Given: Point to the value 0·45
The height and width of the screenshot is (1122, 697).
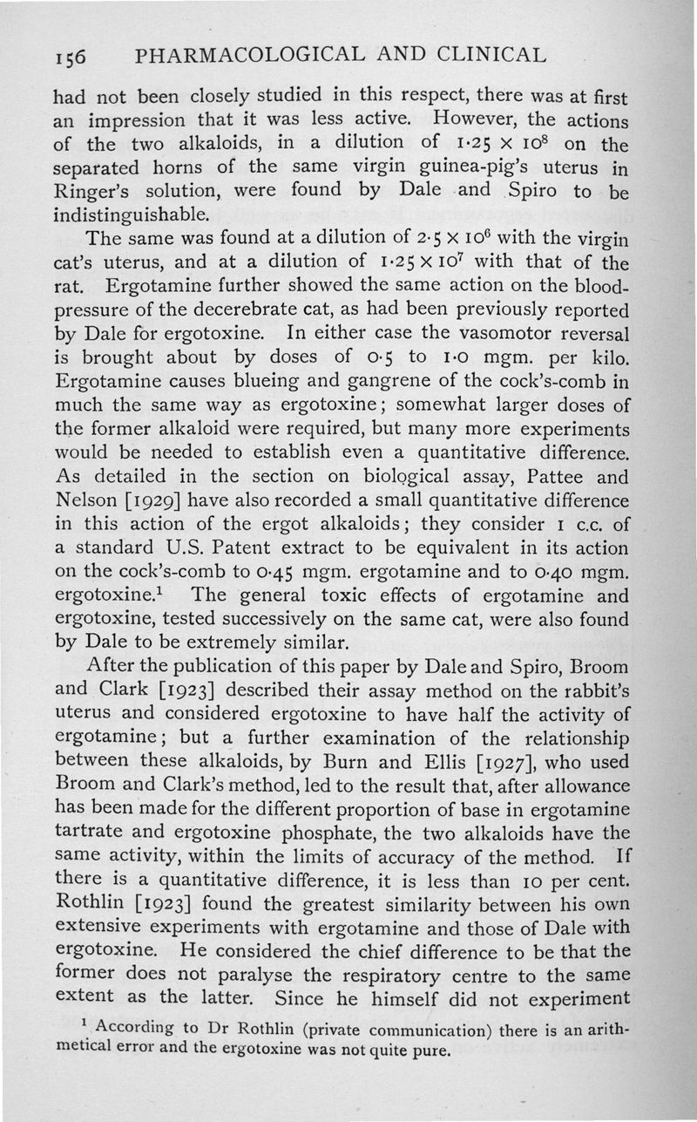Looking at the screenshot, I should (264, 572).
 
